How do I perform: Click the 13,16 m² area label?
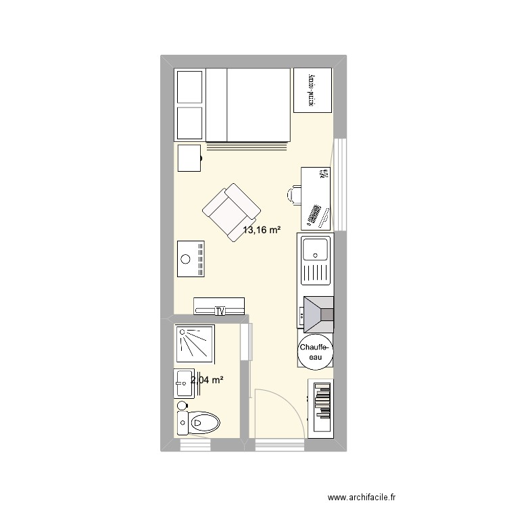[x=262, y=231]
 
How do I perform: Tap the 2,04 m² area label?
[x=207, y=381]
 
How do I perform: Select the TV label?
[x=220, y=311]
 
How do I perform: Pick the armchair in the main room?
[x=231, y=210]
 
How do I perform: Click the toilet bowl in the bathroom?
[x=206, y=423]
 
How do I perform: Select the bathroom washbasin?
[x=183, y=384]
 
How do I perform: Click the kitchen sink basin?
[x=314, y=251]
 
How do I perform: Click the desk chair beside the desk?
[x=294, y=195]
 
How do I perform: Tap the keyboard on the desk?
[x=315, y=214]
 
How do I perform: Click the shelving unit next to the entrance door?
[x=321, y=408]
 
